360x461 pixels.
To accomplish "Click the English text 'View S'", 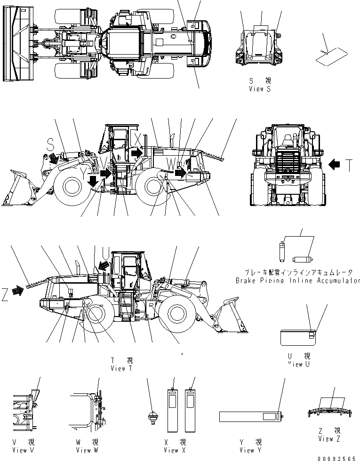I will click(x=260, y=88).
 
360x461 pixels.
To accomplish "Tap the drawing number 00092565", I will click(x=336, y=457).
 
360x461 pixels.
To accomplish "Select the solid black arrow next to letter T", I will click(x=334, y=165).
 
